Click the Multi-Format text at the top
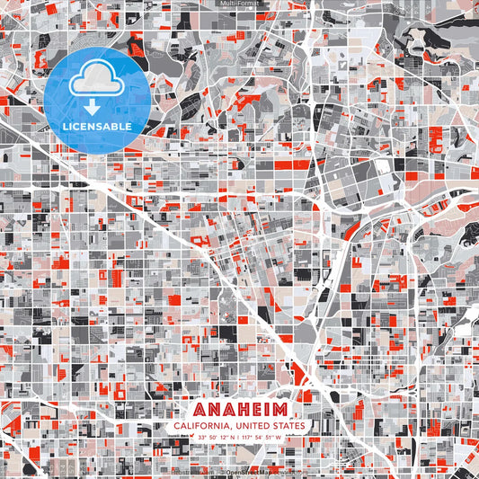[x=239, y=4]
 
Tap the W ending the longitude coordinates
[x=279, y=438]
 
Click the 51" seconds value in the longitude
[x=269, y=438]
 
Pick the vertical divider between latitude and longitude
[x=235, y=438]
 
